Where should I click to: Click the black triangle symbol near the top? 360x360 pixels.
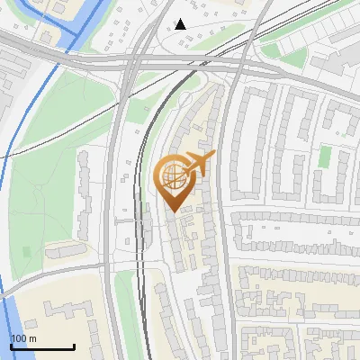(180, 24)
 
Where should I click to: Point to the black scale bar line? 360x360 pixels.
(42, 347)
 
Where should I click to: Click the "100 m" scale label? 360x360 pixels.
(25, 338)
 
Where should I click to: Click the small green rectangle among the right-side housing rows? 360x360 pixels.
(324, 157)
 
